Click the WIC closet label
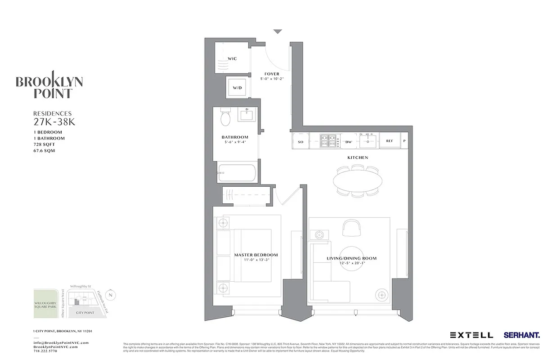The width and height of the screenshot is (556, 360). [x=232, y=59]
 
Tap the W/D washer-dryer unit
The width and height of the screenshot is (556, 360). [x=237, y=87]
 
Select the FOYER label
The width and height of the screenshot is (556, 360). [x=272, y=74]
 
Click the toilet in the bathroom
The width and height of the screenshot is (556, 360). [x=226, y=118]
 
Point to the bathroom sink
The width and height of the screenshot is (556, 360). [x=247, y=115]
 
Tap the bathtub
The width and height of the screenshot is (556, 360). [x=238, y=172]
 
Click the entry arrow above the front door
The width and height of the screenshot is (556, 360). [x=278, y=31]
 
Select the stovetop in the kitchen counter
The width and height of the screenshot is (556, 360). [x=329, y=140]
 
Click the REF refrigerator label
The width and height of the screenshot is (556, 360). [x=390, y=141]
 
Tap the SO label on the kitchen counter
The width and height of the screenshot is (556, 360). [x=300, y=141]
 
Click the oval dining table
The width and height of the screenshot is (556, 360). [x=358, y=180]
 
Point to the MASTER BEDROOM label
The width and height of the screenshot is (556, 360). [x=256, y=255]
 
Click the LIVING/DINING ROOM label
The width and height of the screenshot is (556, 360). [x=351, y=259]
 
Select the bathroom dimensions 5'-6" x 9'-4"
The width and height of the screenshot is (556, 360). [x=235, y=142]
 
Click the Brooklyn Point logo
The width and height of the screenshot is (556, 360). [x=49, y=85]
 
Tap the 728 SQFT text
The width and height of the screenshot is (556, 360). [x=43, y=144]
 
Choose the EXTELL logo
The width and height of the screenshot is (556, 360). [x=471, y=335]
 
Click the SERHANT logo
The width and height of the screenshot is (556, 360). [x=522, y=335]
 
